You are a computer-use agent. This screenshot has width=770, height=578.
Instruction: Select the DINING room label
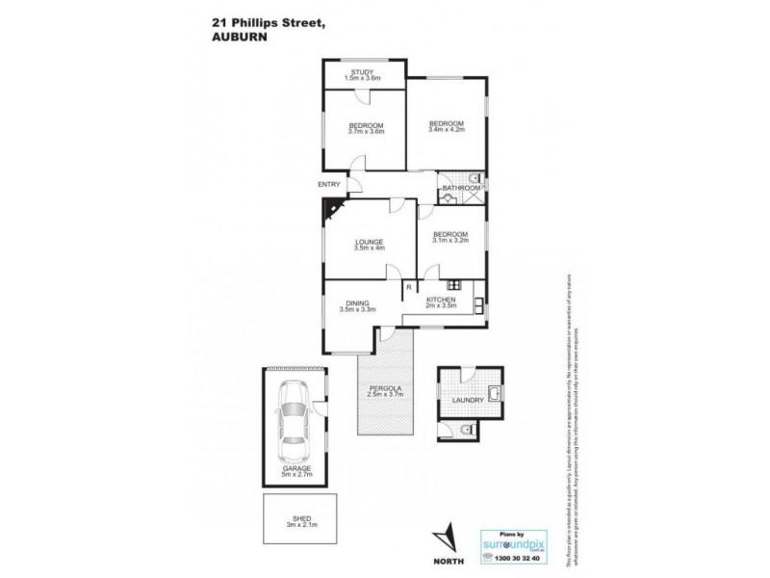click(x=355, y=302)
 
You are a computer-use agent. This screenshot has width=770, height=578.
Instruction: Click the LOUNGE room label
click(x=368, y=241)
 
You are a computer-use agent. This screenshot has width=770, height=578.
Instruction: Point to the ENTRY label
click(x=328, y=185)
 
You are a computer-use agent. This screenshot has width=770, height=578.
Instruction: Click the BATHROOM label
click(x=461, y=188)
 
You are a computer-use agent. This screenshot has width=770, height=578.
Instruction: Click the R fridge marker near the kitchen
click(x=408, y=286)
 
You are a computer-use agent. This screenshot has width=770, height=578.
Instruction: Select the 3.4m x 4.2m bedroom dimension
click(x=446, y=131)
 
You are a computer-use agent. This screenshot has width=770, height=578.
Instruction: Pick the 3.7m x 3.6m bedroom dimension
click(x=367, y=133)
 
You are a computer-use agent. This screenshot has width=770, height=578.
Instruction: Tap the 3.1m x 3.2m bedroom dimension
click(x=449, y=241)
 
